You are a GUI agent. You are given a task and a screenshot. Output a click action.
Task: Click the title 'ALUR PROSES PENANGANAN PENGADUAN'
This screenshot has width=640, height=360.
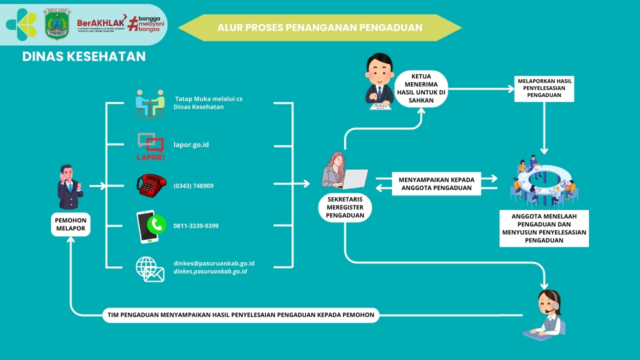point(320,27)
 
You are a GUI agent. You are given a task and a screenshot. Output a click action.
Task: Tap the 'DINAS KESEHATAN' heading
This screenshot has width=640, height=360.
point(84,56)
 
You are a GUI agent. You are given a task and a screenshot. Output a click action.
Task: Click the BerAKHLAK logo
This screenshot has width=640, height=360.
point(100,24)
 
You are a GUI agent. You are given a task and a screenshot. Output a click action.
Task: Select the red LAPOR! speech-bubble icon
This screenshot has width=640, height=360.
point(150,145)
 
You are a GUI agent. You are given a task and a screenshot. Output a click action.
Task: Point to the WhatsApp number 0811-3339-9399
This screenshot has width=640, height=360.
point(196,226)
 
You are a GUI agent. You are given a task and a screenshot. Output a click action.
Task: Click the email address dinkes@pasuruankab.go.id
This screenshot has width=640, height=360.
point(214,263)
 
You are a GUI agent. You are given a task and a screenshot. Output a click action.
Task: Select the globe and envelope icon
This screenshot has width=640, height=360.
point(150,269)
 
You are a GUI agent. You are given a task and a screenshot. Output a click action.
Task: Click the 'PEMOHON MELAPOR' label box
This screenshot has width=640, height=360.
point(70,224)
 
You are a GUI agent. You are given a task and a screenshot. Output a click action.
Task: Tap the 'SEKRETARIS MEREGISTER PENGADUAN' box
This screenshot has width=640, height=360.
point(344,207)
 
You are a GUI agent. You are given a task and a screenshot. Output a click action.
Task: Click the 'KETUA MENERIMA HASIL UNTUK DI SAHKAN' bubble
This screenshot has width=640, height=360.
point(421,89)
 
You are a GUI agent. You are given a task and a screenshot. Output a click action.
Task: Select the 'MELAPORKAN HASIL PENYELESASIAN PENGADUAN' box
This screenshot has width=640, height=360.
point(544,88)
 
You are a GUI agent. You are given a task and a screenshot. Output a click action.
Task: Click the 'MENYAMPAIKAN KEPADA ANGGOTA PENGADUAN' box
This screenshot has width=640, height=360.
point(436,183)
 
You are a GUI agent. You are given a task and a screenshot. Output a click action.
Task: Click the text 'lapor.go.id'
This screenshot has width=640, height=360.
point(191,145)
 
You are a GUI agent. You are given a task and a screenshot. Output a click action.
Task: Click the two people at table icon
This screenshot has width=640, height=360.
point(150,103)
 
